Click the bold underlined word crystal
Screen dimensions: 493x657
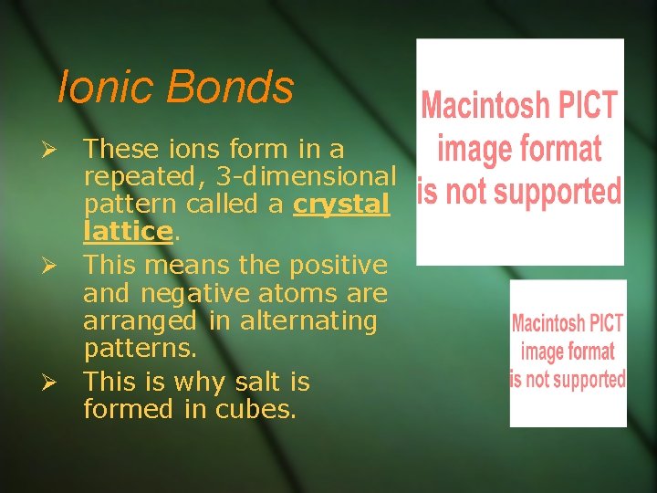click(340, 205)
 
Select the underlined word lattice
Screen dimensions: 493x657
click(127, 232)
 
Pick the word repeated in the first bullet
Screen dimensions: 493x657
click(136, 175)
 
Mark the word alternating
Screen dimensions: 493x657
click(316, 321)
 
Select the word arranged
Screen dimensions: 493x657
click(139, 321)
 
